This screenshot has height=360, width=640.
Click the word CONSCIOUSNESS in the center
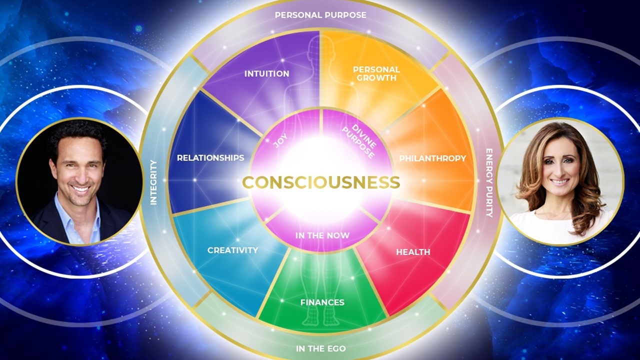tap(320, 182)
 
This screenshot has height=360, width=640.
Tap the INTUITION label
tap(266, 73)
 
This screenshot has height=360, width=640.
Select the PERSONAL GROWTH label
tap(376, 73)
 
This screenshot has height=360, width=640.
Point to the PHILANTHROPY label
tap(432, 158)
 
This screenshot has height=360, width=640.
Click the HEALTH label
tap(413, 252)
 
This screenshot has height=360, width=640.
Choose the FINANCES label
tap(322, 302)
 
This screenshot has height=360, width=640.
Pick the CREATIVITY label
tap(232, 250)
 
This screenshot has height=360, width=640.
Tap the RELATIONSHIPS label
tap(210, 158)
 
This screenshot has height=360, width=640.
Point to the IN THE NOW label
tap(322, 235)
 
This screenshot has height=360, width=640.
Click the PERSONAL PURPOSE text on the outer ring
tap(320, 15)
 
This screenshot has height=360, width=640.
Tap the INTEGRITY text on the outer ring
tap(153, 182)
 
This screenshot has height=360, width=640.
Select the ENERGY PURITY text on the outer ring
tap(489, 182)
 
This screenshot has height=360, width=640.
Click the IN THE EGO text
tap(320, 348)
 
